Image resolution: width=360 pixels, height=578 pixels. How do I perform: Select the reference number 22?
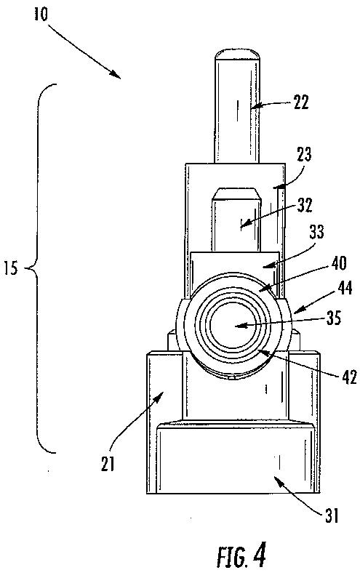click(x=301, y=102)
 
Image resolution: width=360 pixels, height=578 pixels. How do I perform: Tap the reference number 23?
click(x=304, y=155)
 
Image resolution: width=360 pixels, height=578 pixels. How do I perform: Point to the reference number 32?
click(x=305, y=205)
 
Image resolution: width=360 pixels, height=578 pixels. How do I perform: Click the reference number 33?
click(x=316, y=232)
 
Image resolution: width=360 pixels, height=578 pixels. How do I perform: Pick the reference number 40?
click(x=340, y=263)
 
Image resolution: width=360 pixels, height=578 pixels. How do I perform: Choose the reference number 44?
click(x=345, y=288)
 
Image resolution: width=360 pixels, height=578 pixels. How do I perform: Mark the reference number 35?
click(x=334, y=318)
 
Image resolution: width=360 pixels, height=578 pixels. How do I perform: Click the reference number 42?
click(x=349, y=377)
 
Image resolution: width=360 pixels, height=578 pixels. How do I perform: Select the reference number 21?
click(x=108, y=464)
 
